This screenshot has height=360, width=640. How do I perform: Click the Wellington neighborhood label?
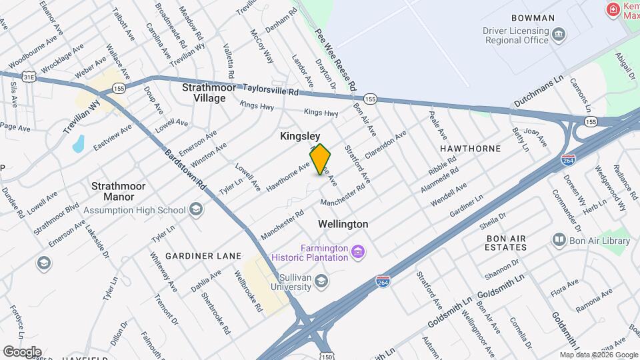coord(343,224)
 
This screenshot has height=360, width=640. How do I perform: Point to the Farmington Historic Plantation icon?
coord(359,251)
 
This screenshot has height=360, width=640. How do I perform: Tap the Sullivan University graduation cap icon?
coord(322,281)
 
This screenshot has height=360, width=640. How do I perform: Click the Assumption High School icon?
coord(195,211)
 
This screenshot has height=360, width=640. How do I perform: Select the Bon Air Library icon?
coord(559,240)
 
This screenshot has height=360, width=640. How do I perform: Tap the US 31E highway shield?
coord(28,77)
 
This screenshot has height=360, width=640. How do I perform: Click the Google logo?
coord(22,351)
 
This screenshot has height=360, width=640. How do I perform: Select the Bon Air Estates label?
coord(507,243)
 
